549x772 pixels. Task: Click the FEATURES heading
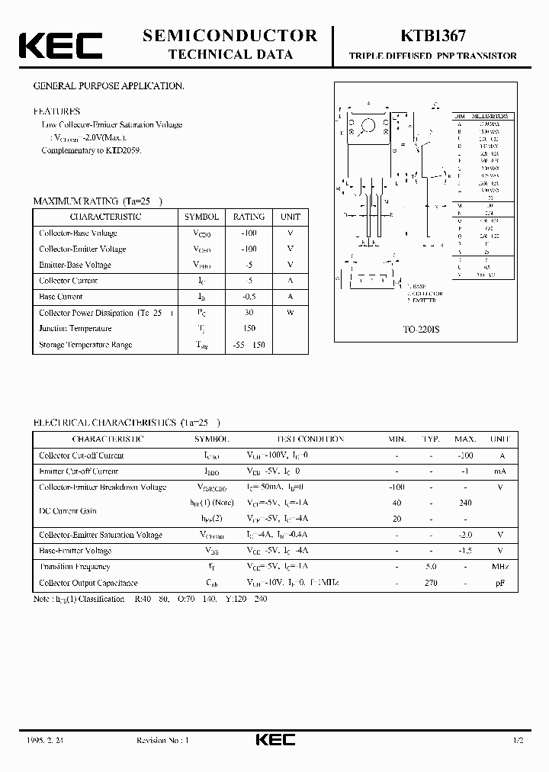(x=56, y=111)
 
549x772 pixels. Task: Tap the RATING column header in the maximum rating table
(x=249, y=217)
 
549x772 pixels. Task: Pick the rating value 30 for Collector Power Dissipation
(x=249, y=313)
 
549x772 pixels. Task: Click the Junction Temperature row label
(x=75, y=329)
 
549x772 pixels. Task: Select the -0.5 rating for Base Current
(x=249, y=297)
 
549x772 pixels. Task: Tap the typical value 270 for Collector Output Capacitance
(x=431, y=583)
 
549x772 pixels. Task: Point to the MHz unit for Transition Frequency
(x=500, y=567)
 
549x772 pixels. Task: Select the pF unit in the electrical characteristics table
(x=500, y=583)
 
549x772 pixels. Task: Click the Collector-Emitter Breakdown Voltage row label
(x=102, y=487)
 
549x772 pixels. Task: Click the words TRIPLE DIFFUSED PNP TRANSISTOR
(x=432, y=56)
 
